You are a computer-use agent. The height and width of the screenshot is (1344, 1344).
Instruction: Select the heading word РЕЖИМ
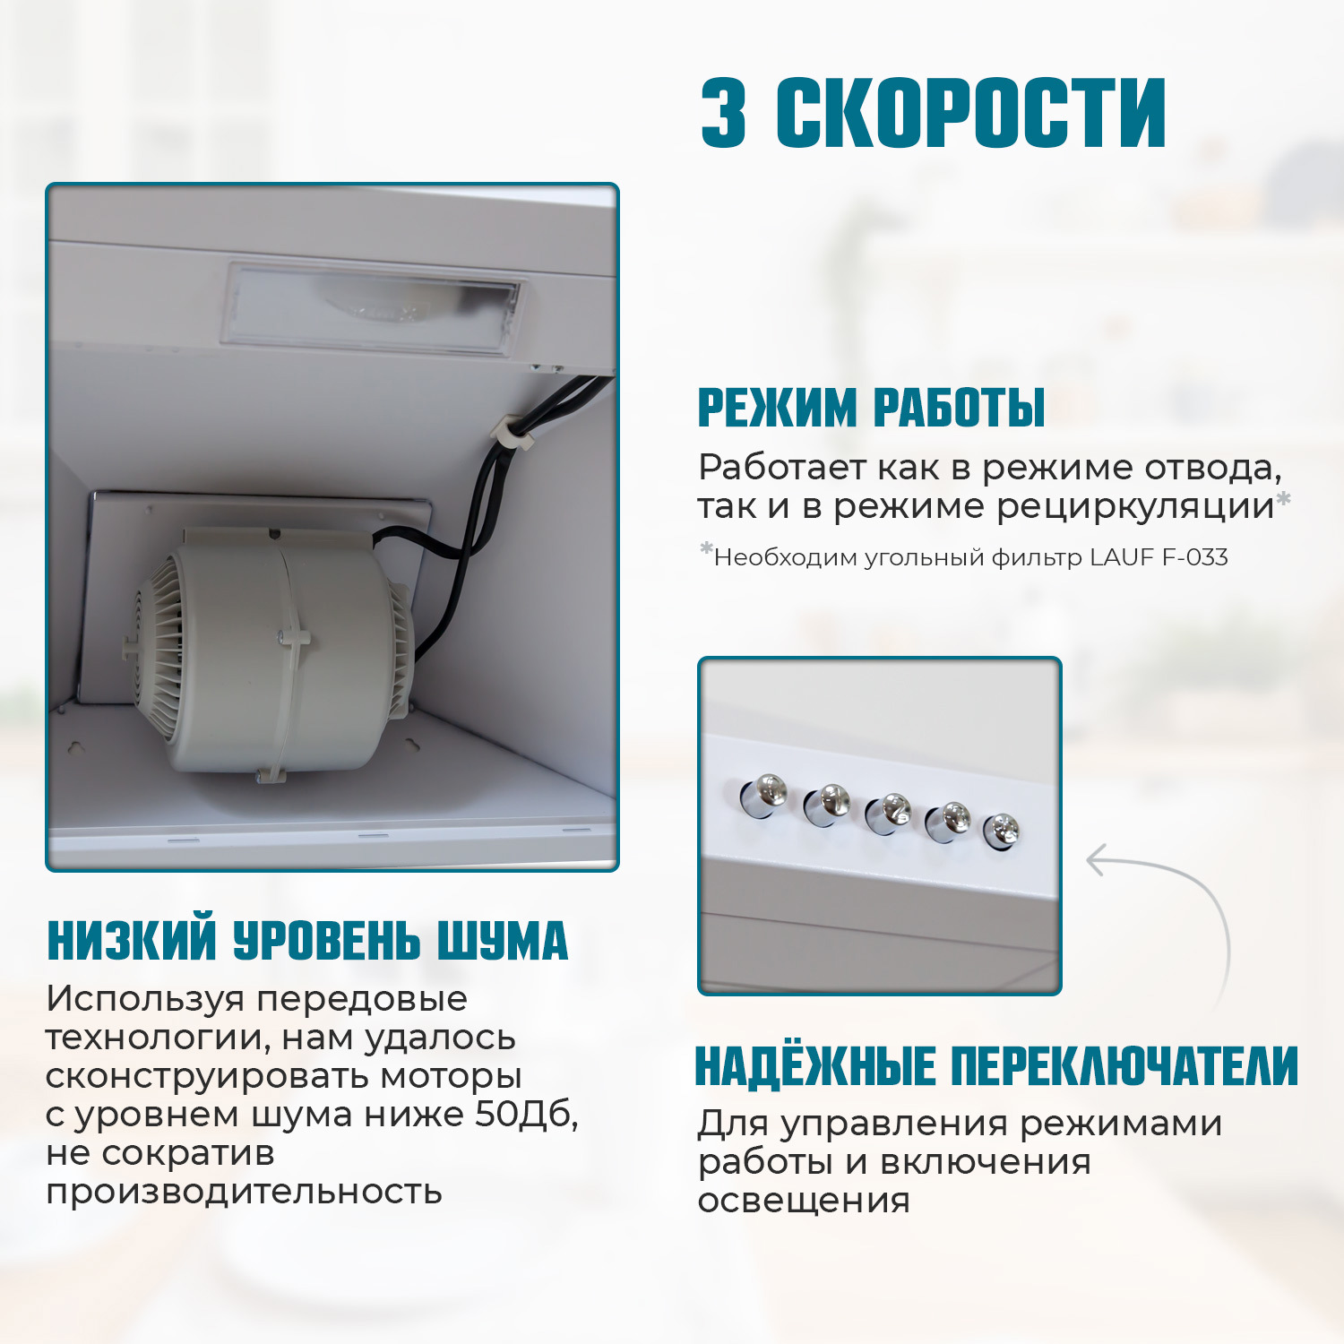(777, 408)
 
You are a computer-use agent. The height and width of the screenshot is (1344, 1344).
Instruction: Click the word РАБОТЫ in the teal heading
(959, 408)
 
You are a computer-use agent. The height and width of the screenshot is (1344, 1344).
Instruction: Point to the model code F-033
(1194, 557)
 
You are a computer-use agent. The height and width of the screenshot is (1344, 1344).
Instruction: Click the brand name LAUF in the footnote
(1122, 557)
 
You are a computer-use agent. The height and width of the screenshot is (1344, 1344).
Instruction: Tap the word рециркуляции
(1135, 507)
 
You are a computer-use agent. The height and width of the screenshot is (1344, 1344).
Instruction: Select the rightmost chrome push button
(1002, 831)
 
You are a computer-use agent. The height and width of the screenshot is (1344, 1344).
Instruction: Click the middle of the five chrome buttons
(889, 812)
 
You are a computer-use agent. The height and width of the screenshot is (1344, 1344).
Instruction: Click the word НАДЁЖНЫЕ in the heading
(815, 1066)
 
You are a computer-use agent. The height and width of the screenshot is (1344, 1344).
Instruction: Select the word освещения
(804, 1201)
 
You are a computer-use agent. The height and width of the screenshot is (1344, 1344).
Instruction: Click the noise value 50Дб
(526, 1115)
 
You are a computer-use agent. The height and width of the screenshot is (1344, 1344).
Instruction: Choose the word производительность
(244, 1192)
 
